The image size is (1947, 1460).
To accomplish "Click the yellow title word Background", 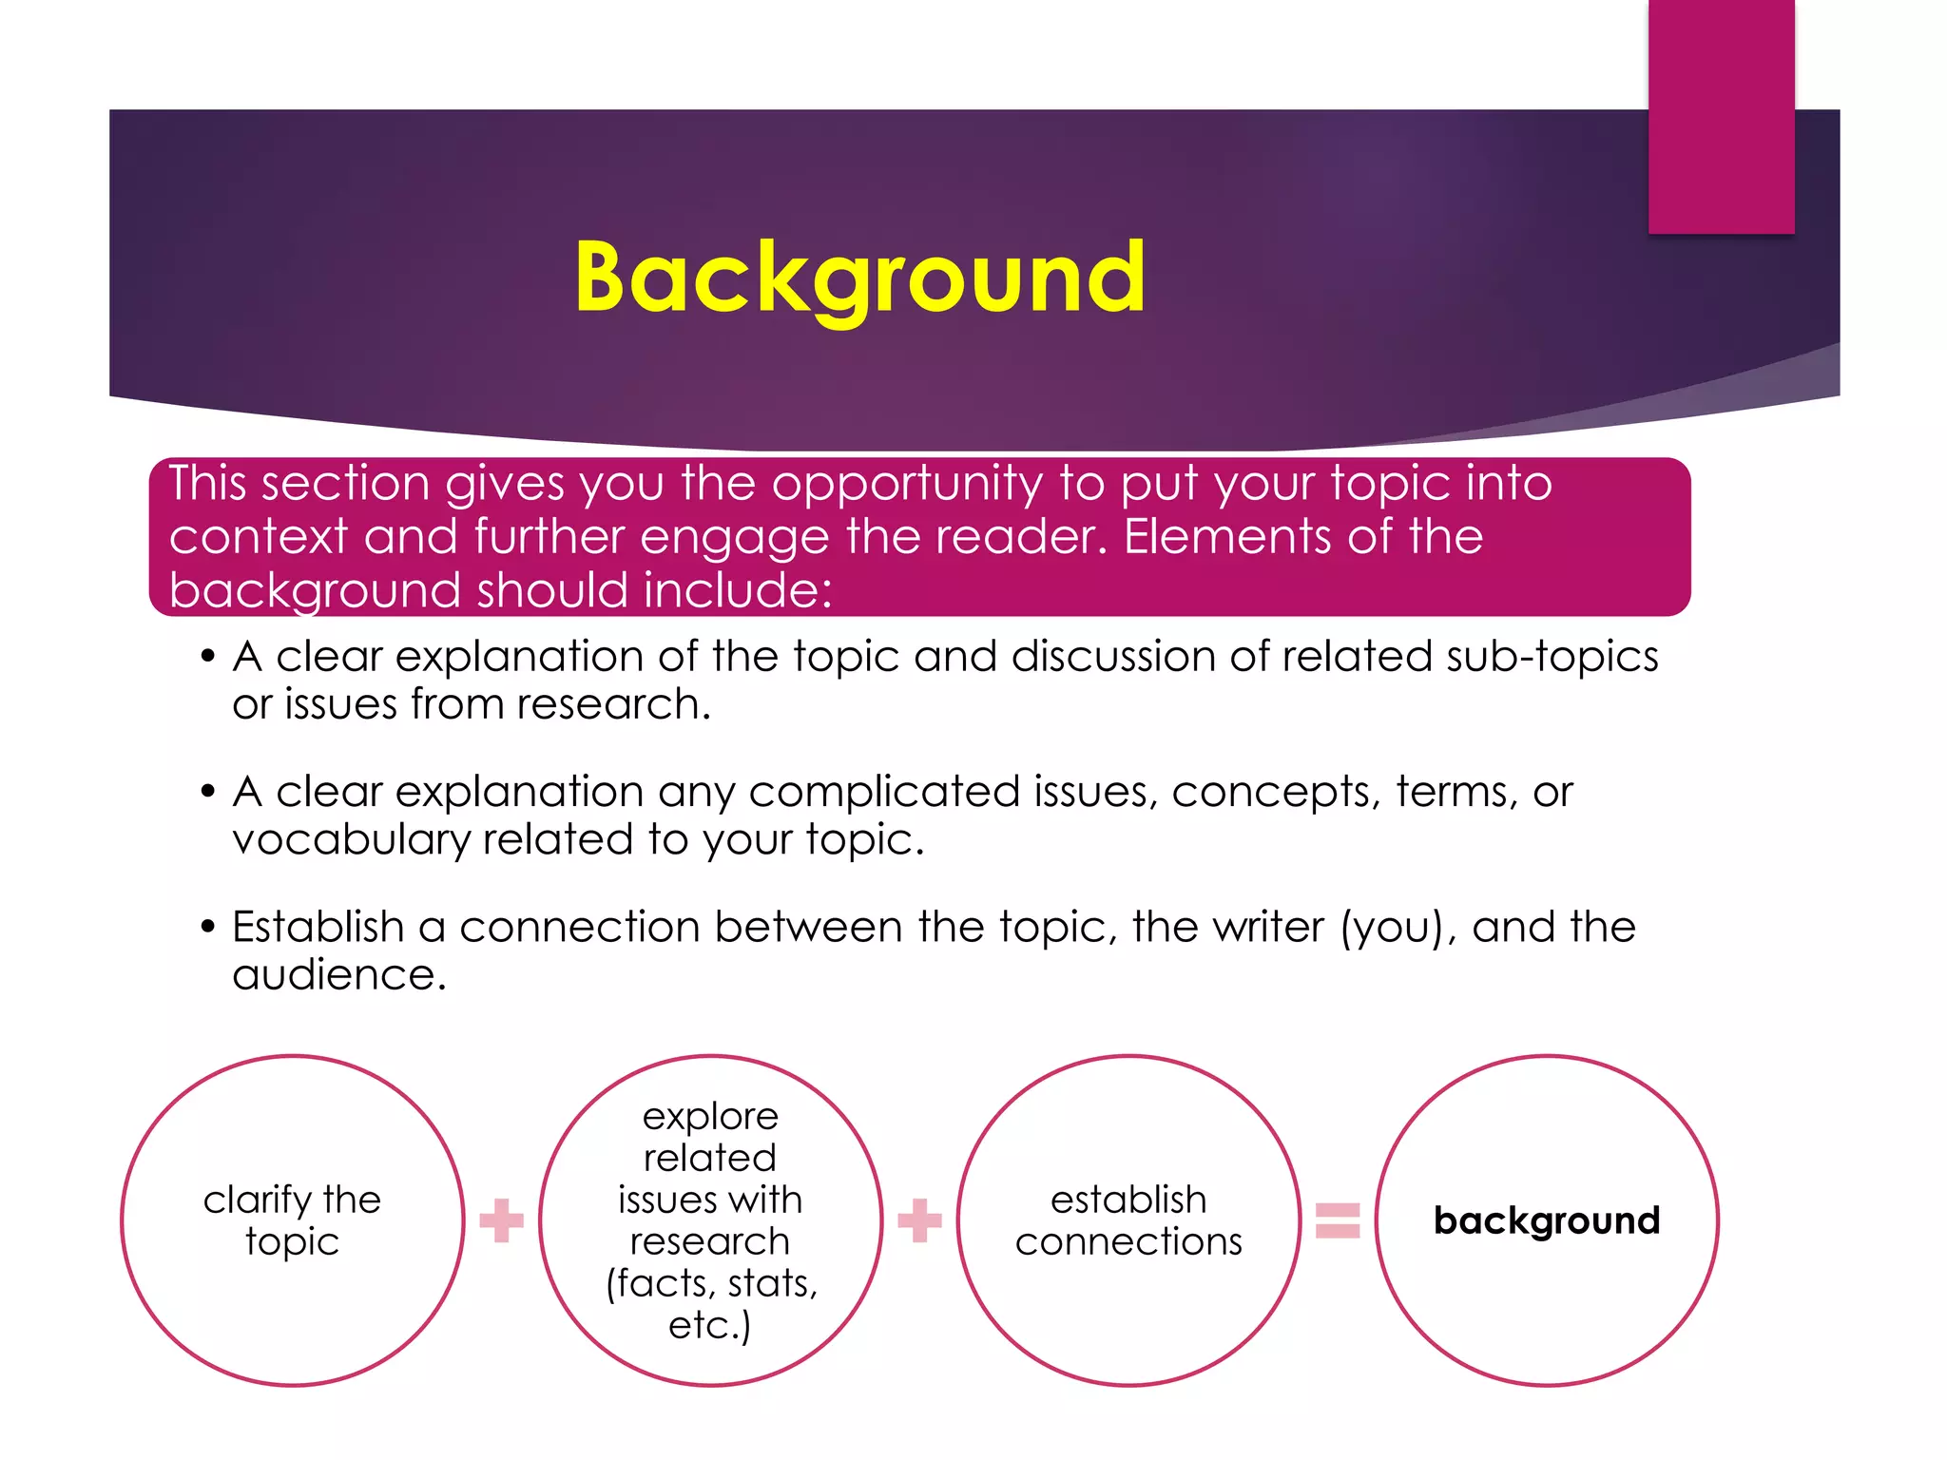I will pos(860,277).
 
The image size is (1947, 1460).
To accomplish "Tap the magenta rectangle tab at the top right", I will pos(1721,116).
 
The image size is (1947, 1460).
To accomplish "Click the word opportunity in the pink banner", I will pos(907,484).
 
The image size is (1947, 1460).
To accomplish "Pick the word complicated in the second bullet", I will pos(883,792).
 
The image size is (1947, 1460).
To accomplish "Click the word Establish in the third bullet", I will pos(318,927).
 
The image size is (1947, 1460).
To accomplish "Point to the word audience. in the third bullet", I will pos(339,975).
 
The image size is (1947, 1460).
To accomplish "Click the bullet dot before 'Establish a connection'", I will pos(208,927).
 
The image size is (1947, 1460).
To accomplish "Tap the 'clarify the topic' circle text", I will pos(292,1220).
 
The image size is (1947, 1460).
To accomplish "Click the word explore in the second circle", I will pos(710,1116).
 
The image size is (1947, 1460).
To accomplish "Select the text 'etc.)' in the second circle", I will pos(710,1325).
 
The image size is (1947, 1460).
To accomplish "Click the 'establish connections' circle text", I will pos(1128,1220).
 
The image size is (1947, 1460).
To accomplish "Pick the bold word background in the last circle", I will pos(1547,1220).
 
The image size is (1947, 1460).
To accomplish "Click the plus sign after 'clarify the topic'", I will pos(501,1220).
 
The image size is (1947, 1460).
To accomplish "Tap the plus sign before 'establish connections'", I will pos(919,1220).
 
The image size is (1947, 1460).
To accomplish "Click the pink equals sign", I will pos(1338,1220).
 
